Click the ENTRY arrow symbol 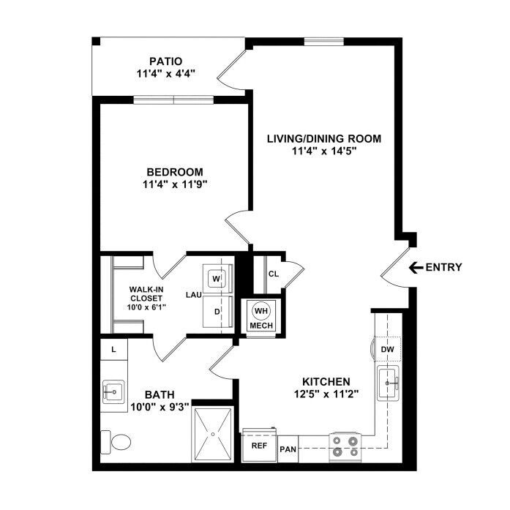(x=416, y=268)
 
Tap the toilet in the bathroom (x=116, y=442)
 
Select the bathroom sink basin (x=113, y=391)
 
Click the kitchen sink (x=388, y=383)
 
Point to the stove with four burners (x=345, y=447)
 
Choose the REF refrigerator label (x=259, y=446)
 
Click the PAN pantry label (x=288, y=449)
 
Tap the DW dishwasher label (x=387, y=349)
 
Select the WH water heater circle (x=261, y=311)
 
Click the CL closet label (x=274, y=274)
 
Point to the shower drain (x=213, y=434)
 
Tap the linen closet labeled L (x=113, y=349)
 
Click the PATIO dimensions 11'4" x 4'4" (x=165, y=74)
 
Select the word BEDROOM (x=175, y=172)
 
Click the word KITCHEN (x=326, y=381)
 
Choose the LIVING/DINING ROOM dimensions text (x=324, y=151)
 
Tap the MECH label (x=261, y=326)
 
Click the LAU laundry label (x=194, y=295)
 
